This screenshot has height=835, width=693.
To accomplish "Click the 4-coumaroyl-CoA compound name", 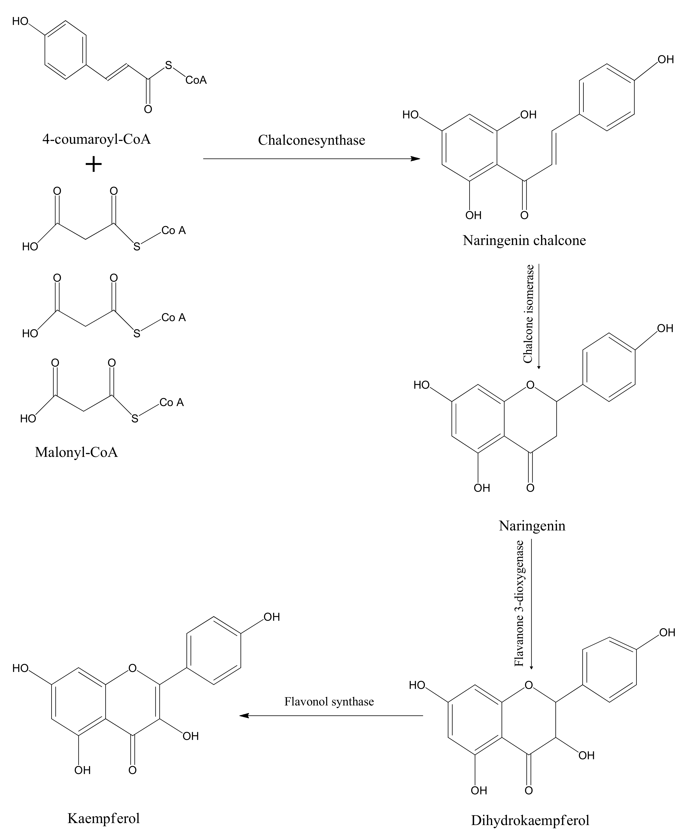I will point(97,140).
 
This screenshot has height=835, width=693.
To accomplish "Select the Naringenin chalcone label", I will point(524,240).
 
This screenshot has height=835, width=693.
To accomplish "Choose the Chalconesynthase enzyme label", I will point(312,140).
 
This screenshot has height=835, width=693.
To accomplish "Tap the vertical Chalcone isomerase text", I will point(528,314).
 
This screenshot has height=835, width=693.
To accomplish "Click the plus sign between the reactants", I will point(94,164).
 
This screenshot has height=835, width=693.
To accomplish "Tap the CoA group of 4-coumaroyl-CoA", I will point(196,80).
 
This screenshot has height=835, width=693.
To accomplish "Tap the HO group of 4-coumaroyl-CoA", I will point(20,21).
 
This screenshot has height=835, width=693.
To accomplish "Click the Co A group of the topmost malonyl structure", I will point(173,231).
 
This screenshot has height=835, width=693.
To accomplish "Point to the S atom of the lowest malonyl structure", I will point(135,419).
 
